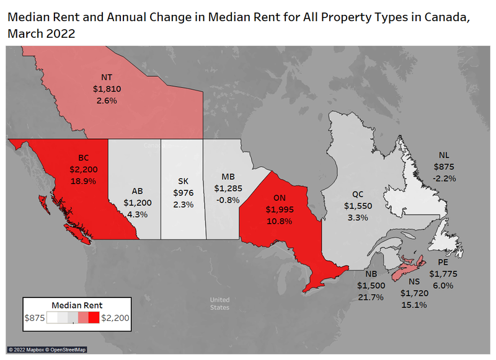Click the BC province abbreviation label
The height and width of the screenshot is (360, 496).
tap(82, 158)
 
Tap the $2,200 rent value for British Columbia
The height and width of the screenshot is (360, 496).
tap(82, 169)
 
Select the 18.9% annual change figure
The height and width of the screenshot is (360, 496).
tap(82, 180)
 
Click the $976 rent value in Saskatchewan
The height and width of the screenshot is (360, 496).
tap(184, 192)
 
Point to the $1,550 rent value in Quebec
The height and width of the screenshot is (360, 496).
tap(358, 206)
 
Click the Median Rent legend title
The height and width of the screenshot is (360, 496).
tap(77, 305)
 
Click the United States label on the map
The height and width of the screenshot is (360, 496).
tap(219, 303)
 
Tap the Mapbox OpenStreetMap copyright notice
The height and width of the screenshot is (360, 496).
tap(47, 350)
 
